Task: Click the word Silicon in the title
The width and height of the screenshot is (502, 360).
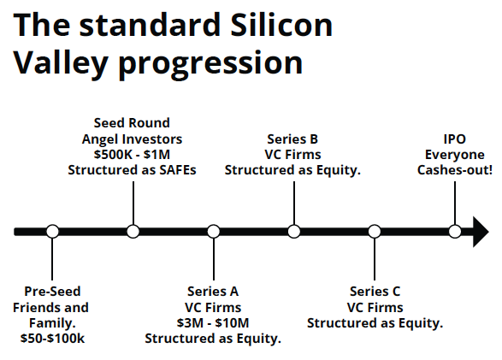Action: [281, 25]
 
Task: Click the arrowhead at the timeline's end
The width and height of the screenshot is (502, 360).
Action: [481, 232]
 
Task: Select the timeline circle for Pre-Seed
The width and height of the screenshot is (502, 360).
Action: [52, 232]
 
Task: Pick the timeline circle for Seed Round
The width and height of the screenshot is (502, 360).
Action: [133, 232]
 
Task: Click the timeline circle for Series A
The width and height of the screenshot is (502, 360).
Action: [214, 232]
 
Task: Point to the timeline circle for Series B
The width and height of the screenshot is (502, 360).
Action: [294, 232]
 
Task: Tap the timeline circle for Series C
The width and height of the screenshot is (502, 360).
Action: [375, 232]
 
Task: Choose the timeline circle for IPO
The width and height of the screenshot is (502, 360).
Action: [455, 232]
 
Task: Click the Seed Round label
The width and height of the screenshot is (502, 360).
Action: [132, 123]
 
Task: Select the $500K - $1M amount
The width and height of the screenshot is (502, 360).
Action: [132, 155]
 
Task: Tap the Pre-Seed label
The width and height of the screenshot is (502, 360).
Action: [52, 292]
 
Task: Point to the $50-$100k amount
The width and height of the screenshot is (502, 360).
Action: [52, 339]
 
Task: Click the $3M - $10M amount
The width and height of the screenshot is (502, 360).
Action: [213, 323]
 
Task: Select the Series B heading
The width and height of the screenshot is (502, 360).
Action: [292, 139]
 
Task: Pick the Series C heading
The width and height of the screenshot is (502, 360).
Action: [375, 292]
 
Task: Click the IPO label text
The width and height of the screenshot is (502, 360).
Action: [455, 139]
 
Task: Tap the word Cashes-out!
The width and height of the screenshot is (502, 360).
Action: [455, 170]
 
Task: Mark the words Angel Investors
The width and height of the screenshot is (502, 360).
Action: [132, 139]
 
